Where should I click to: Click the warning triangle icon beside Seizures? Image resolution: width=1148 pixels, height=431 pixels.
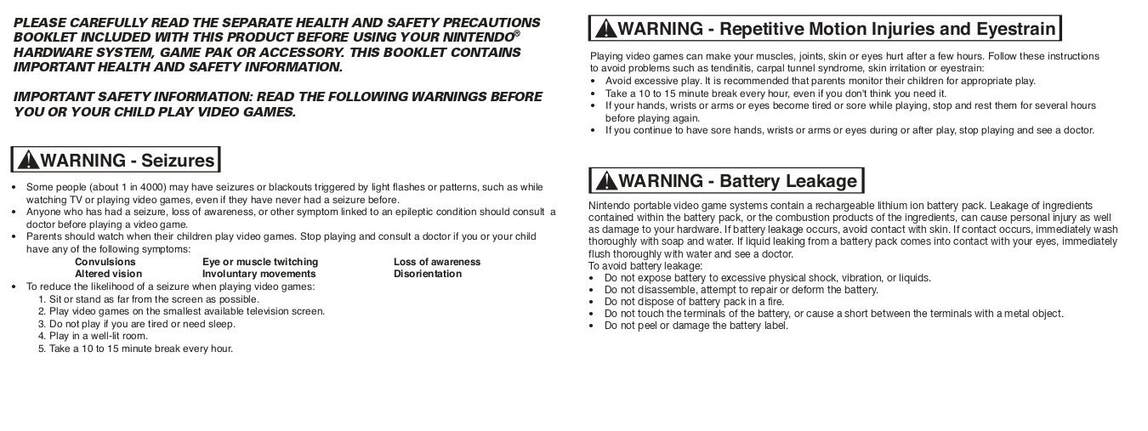point(28,160)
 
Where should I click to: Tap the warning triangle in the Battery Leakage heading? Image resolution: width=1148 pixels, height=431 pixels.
point(606,181)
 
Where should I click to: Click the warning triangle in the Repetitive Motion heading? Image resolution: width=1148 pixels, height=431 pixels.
point(605,29)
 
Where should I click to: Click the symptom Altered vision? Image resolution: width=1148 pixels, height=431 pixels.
point(108,274)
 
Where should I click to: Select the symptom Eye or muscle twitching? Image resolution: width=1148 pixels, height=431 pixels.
point(259,262)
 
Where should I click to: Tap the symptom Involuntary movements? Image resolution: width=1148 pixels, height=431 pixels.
point(259,274)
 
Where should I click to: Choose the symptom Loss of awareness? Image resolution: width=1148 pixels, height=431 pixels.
point(436,262)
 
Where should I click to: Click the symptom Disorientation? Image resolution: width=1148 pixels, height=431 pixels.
point(427,274)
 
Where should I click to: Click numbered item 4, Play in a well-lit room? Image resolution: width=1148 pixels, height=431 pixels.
point(87,336)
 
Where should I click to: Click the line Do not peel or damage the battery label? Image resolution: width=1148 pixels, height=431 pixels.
point(696,326)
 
